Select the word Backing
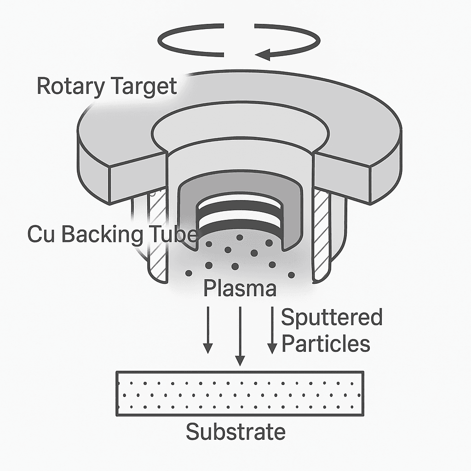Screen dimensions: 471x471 point(102,235)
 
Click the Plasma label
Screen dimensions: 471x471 point(240,288)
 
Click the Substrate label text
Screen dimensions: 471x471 point(235,431)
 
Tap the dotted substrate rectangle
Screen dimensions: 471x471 point(240,394)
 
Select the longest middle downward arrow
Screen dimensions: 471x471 point(240,336)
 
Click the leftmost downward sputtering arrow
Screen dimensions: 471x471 point(208,330)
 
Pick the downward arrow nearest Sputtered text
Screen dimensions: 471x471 point(272,330)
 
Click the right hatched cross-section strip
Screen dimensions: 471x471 point(321,234)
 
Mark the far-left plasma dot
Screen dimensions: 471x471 point(189,273)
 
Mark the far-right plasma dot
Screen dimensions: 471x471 point(291,275)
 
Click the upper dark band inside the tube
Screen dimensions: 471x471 point(239,210)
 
